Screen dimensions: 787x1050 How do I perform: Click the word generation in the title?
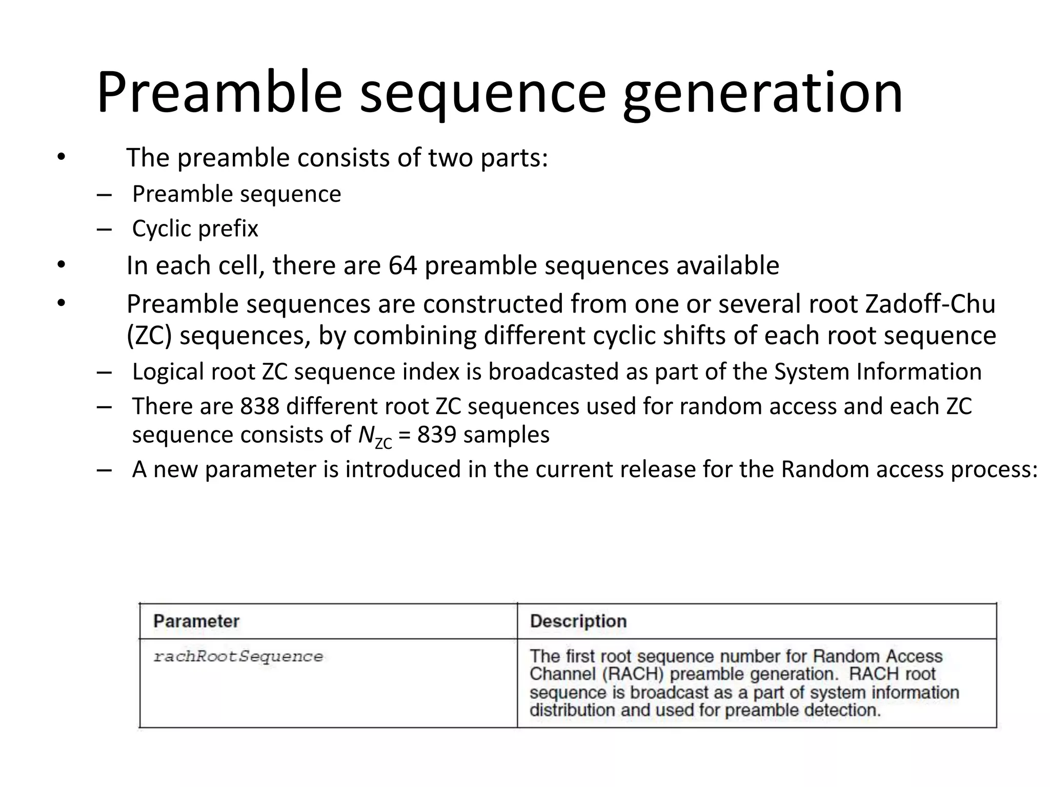click(762, 93)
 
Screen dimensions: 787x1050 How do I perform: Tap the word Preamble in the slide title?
click(219, 93)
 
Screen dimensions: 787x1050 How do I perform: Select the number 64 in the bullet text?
click(402, 265)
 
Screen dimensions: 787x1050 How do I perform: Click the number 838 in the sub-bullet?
click(259, 406)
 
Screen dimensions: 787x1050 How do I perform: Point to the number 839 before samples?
click(436, 435)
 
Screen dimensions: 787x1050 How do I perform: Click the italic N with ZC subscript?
click(374, 437)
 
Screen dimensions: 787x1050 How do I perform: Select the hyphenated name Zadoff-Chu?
click(930, 304)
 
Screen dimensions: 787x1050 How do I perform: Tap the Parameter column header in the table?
click(196, 622)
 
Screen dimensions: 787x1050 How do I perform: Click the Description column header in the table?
click(578, 622)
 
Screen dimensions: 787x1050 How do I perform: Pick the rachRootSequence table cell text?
click(238, 657)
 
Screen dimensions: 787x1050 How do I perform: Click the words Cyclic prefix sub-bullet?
click(195, 229)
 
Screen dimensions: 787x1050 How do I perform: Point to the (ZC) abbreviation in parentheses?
click(149, 336)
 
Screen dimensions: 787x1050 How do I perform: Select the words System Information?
click(878, 372)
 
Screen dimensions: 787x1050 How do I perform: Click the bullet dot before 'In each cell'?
click(61, 265)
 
